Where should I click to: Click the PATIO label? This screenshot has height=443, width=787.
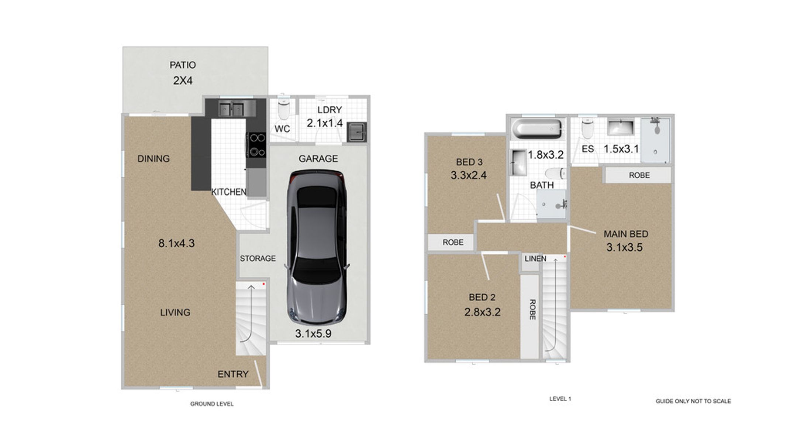click(x=183, y=65)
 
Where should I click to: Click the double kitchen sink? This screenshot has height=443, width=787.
click(x=231, y=109)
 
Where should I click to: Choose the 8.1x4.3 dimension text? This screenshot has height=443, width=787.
click(x=176, y=243)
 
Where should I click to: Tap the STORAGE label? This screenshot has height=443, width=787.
click(x=258, y=258)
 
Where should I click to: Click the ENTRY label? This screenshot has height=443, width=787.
click(x=233, y=374)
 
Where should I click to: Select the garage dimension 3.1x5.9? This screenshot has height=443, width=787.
click(x=313, y=334)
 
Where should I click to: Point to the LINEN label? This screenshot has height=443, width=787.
click(x=535, y=259)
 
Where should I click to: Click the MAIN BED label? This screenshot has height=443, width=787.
click(x=626, y=234)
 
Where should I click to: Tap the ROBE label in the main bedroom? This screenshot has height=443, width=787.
click(x=639, y=175)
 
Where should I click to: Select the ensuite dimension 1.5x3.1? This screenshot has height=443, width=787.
click(x=621, y=149)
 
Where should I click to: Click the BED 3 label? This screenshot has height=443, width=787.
click(x=469, y=162)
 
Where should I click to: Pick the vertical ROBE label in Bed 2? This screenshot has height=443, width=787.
click(x=532, y=309)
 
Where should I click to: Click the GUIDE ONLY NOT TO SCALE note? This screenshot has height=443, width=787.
click(x=693, y=401)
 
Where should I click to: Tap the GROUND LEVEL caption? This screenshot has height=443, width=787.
click(x=212, y=404)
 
